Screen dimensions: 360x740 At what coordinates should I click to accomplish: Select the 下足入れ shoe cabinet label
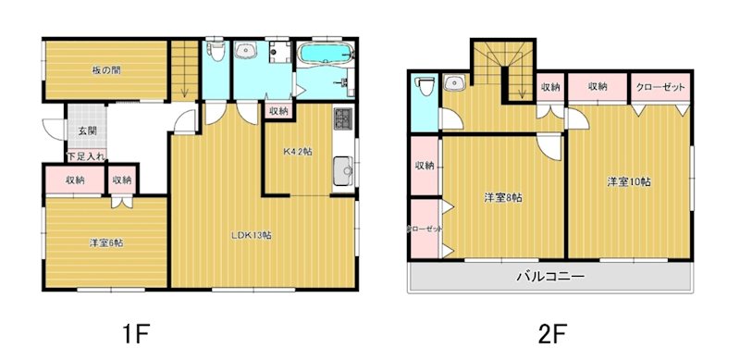click(85, 155)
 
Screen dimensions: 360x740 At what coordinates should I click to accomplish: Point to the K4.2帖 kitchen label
click(298, 153)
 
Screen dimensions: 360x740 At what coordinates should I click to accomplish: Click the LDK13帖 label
click(251, 235)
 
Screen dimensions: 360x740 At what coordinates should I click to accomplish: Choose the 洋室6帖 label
click(107, 242)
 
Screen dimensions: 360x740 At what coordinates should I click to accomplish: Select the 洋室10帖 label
click(629, 182)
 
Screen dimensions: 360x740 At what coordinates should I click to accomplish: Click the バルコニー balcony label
click(549, 277)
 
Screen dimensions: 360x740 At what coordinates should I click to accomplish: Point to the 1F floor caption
click(132, 331)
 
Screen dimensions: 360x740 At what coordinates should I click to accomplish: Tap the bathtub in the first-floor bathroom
click(323, 52)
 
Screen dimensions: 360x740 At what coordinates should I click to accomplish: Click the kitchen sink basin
click(342, 170)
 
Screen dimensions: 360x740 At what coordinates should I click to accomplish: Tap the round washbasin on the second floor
click(455, 84)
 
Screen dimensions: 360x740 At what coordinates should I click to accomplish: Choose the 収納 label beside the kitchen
click(277, 111)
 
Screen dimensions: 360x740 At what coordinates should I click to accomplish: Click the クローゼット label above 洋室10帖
click(660, 87)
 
